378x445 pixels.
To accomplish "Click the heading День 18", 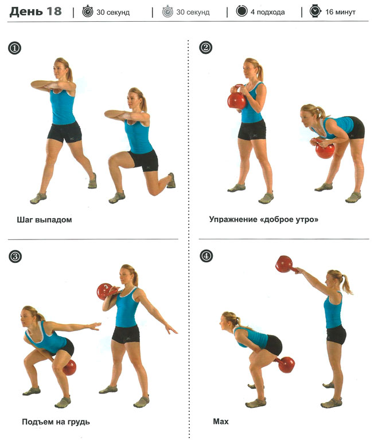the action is [x=36, y=11].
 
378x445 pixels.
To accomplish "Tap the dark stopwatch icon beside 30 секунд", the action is [x=88, y=11].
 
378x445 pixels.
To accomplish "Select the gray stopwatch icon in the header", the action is [x=167, y=11].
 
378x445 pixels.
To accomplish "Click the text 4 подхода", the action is [x=267, y=12].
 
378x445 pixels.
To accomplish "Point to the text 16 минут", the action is [x=340, y=12].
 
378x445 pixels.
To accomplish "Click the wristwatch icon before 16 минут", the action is [x=315, y=11].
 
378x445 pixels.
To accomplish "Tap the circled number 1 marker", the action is [x=14, y=48].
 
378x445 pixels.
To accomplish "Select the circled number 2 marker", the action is [x=206, y=48].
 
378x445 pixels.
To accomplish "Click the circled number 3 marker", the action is [x=15, y=256].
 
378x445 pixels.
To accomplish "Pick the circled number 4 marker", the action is [x=206, y=255].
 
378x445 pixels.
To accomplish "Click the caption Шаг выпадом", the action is [x=44, y=220].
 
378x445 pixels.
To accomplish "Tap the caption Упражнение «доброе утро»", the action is [x=263, y=219].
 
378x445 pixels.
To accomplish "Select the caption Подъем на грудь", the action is [x=56, y=422].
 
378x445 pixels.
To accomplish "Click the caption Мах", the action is [x=220, y=422].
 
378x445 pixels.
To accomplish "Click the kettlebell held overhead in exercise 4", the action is [x=286, y=265].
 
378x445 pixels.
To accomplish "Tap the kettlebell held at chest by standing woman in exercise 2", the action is [x=237, y=97].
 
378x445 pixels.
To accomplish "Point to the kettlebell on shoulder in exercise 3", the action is [x=106, y=291].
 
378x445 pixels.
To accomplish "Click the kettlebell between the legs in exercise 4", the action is [x=285, y=364].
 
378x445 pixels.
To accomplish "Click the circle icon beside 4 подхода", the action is [x=241, y=11].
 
